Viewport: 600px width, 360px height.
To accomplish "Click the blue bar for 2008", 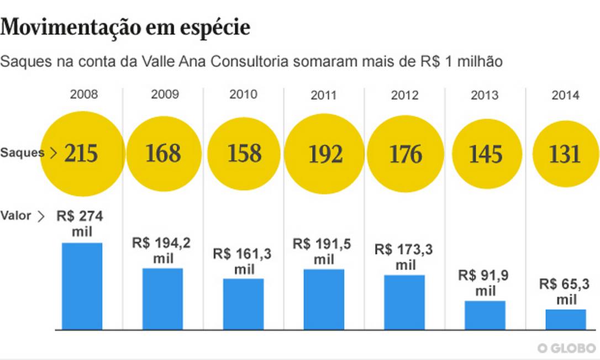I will click(x=82, y=286).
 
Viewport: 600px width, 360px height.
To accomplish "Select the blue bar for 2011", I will click(x=324, y=299).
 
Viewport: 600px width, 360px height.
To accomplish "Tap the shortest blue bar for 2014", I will click(x=566, y=319).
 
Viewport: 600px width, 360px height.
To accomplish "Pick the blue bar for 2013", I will click(x=485, y=315).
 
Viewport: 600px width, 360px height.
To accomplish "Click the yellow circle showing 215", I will click(x=82, y=153).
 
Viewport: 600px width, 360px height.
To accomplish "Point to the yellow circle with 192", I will click(x=324, y=153).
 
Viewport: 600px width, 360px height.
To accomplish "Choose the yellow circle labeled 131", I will click(x=565, y=153).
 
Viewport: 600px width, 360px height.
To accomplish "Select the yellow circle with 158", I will click(x=244, y=153).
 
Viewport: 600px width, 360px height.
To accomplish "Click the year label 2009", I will click(x=165, y=94).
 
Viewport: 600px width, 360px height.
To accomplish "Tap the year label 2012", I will click(x=404, y=95).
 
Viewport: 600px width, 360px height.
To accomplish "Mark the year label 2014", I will click(x=565, y=95).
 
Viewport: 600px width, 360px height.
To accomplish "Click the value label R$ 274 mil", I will click(x=81, y=223).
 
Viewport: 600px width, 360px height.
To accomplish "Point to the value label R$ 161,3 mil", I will click(x=244, y=261).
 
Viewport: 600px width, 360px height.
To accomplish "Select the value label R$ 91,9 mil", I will click(x=485, y=283).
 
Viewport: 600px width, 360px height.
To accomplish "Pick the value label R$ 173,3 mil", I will click(x=404, y=257).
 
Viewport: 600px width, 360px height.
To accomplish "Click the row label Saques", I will click(x=22, y=153).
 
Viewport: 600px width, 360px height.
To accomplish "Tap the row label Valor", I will click(x=17, y=216).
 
